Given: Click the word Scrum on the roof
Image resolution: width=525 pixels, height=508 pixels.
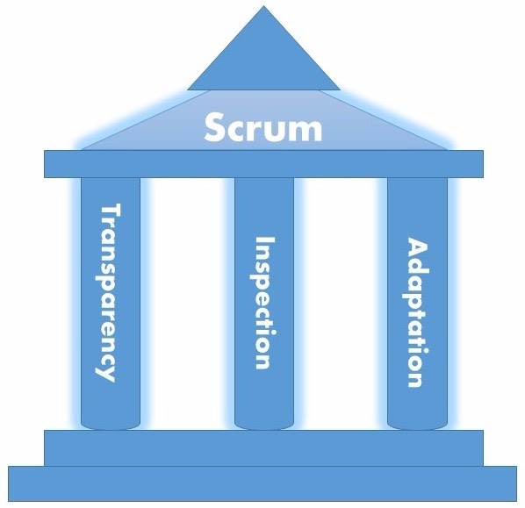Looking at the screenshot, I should (262, 128).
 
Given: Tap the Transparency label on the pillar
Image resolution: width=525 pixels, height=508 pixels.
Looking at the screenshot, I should (110, 291).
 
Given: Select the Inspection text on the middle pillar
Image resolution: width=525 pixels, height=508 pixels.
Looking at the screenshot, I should (263, 302).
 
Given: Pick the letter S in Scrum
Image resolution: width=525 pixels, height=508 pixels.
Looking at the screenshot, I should (217, 127).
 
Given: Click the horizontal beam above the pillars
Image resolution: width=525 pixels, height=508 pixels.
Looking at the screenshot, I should (262, 162).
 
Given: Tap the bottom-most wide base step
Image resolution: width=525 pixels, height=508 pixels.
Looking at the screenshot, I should (262, 485).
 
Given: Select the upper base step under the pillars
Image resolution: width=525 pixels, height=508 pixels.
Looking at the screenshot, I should (262, 447).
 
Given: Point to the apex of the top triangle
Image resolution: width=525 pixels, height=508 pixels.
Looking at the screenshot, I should (262, 9).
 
